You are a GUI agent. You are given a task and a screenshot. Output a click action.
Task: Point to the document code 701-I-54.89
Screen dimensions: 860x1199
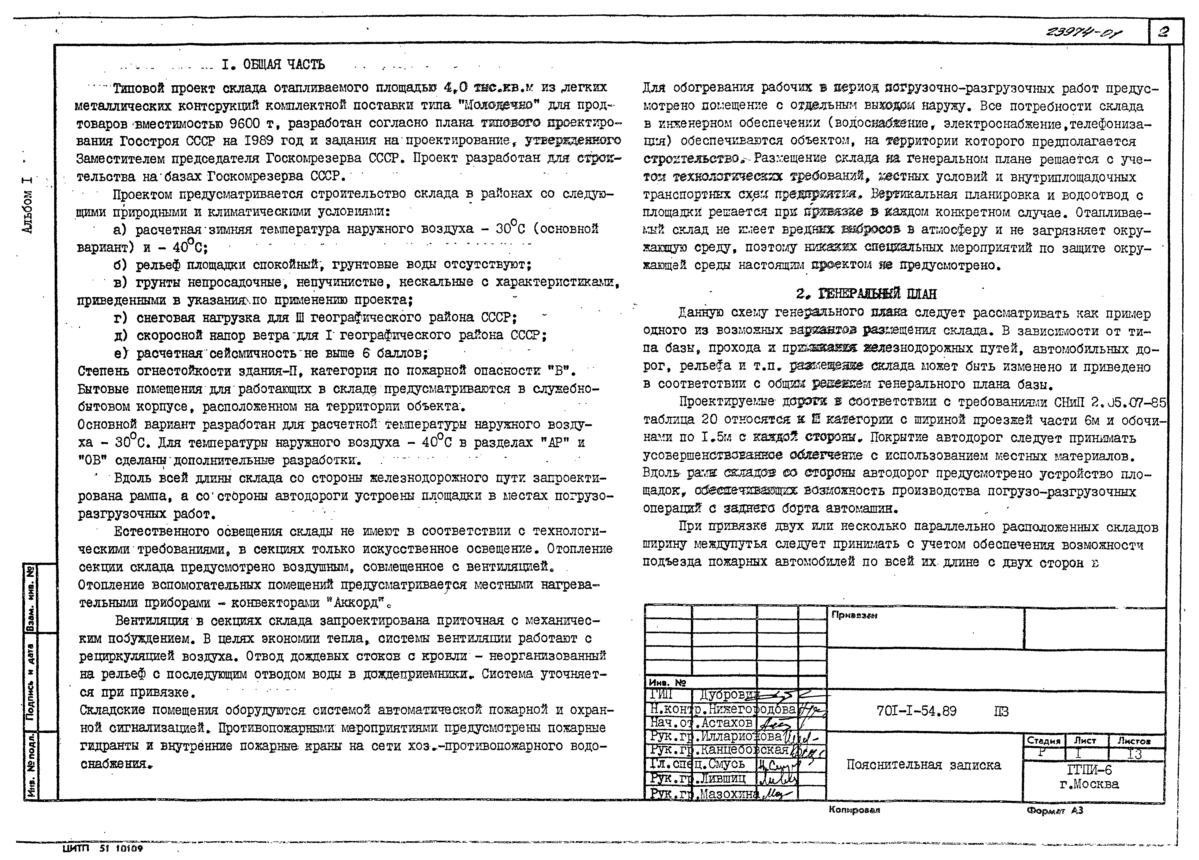point(916,711)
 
